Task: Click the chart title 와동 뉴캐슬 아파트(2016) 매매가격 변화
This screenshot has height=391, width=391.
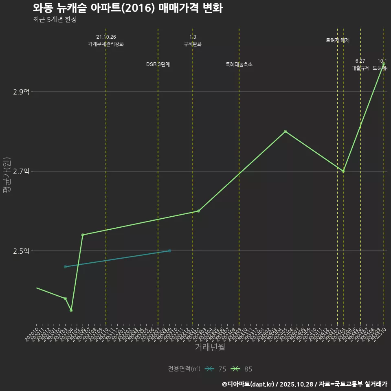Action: [127, 8]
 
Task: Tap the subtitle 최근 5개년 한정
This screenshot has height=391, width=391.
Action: [55, 20]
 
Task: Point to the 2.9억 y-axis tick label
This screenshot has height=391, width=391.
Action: [21, 92]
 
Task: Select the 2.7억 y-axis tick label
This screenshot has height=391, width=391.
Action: [21, 171]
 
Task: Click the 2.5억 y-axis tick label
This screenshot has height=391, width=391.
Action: [21, 251]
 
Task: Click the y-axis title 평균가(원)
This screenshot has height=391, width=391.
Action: [7, 175]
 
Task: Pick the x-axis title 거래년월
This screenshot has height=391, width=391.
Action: [210, 347]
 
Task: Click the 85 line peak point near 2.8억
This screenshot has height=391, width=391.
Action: [285, 132]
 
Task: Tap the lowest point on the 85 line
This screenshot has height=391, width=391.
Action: [71, 310]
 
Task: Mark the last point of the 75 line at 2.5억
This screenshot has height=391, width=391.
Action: [169, 251]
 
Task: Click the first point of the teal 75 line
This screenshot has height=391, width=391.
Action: [65, 267]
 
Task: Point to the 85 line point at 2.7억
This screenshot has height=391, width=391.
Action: [343, 171]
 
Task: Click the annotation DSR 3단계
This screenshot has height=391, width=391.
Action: [158, 64]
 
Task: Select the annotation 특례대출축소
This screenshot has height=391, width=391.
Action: [239, 64]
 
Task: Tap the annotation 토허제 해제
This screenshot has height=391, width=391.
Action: [338, 40]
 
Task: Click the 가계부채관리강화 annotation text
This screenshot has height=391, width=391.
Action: [106, 44]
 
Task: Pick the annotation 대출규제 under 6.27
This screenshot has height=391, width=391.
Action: [360, 68]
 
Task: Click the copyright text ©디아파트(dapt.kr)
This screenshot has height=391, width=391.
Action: [248, 384]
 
